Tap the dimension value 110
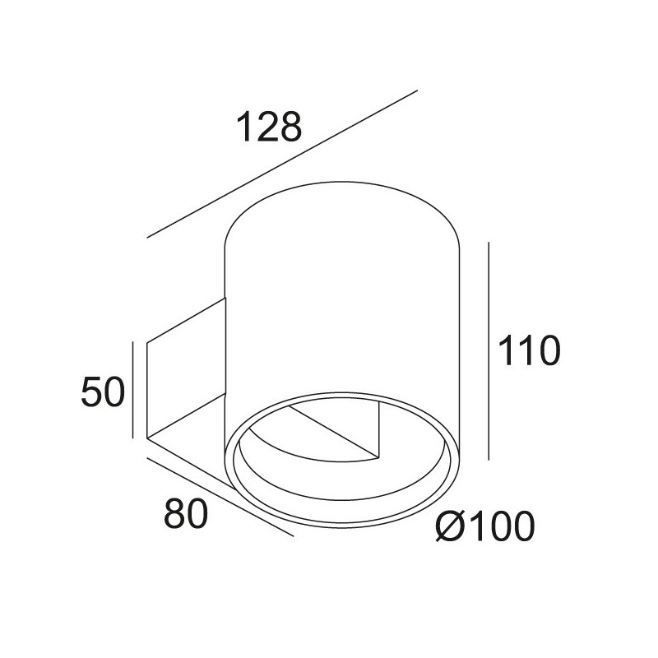pyautogui.click(x=527, y=352)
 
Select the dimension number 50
pyautogui.click(x=102, y=392)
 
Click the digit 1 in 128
pyautogui.click(x=243, y=129)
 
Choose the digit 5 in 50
pyautogui.click(x=91, y=392)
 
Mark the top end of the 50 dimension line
pyautogui.click(x=132, y=342)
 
